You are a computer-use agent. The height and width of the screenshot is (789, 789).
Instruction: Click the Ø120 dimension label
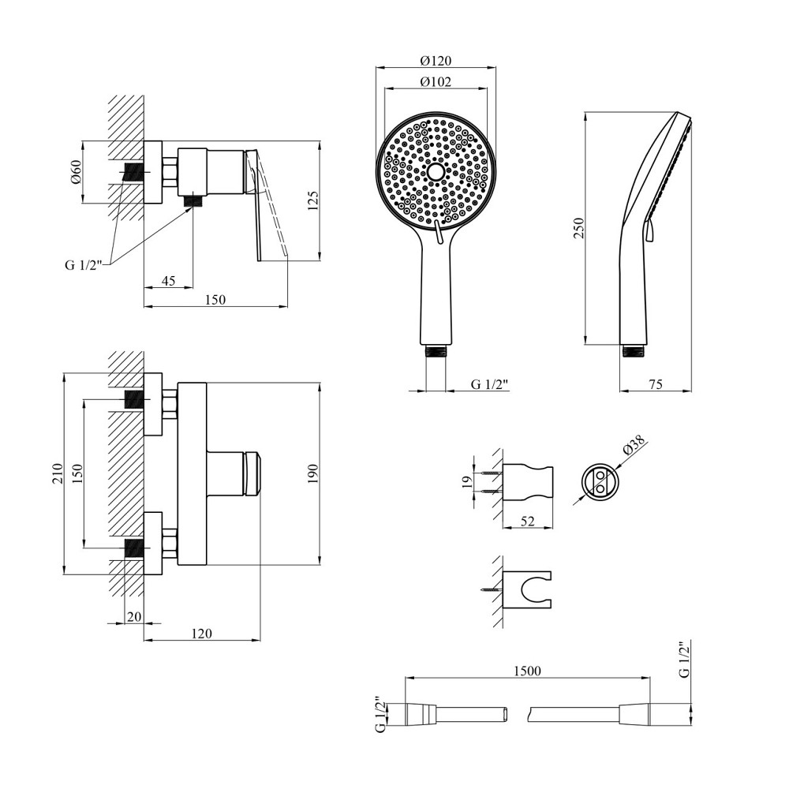coord(436,61)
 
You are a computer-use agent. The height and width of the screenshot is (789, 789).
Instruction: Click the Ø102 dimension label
coord(436,82)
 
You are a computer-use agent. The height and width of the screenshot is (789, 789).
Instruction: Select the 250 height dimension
coord(578,229)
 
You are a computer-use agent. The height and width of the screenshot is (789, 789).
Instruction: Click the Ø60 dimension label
coord(76,172)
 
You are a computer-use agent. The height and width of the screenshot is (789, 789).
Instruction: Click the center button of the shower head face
coord(436,171)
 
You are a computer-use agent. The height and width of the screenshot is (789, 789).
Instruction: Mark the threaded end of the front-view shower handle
coord(436,351)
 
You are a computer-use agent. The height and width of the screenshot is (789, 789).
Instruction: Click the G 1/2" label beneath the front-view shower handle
coord(490,384)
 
